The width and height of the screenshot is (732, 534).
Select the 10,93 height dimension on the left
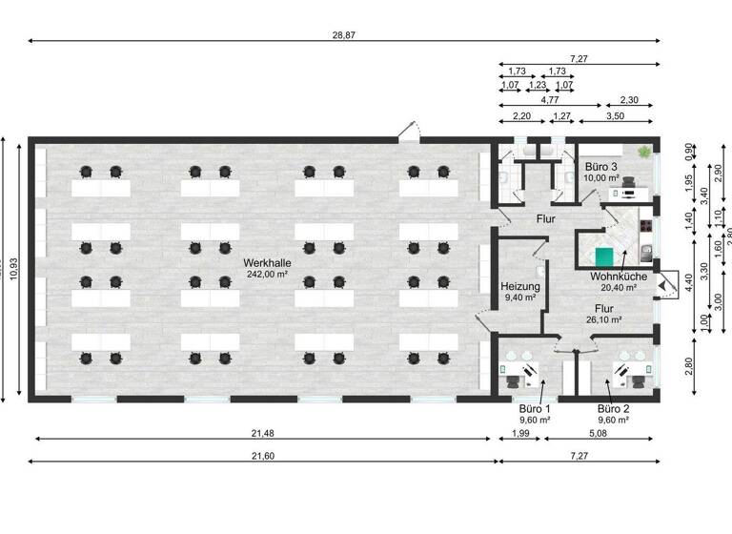[x=13, y=271]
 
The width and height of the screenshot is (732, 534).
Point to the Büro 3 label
[x=602, y=166]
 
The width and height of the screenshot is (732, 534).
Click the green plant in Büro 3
[x=645, y=151]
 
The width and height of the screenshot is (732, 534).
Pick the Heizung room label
[x=520, y=286]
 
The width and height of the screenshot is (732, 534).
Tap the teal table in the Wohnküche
[x=602, y=256]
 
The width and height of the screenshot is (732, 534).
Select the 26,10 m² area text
[x=604, y=320]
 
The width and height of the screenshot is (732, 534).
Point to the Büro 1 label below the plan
[x=535, y=409]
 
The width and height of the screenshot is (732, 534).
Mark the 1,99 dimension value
[x=519, y=434]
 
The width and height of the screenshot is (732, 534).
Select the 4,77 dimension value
[x=549, y=99]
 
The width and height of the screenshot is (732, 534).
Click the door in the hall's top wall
[x=408, y=132]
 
